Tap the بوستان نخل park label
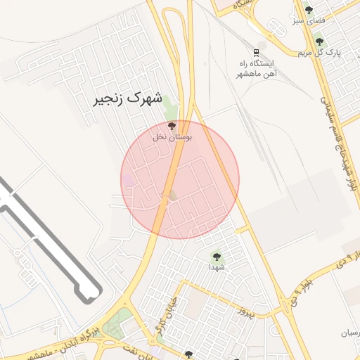tap(172, 137)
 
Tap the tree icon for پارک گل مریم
tap(320, 42)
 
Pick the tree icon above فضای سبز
tap(309, 10)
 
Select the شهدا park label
tap(216, 267)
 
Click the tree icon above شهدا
tap(216, 257)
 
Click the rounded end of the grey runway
tap(89, 294)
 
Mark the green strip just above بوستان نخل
tap(171, 112)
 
